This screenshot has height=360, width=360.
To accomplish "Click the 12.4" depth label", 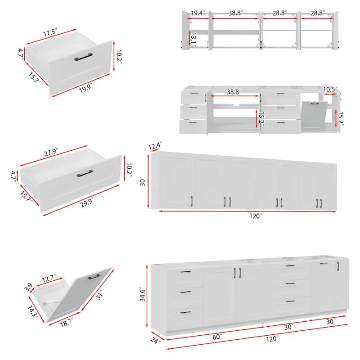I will [x=154, y=145].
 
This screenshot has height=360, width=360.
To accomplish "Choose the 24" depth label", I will [x=156, y=340].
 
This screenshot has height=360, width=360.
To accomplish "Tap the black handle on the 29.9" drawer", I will [x=85, y=173].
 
